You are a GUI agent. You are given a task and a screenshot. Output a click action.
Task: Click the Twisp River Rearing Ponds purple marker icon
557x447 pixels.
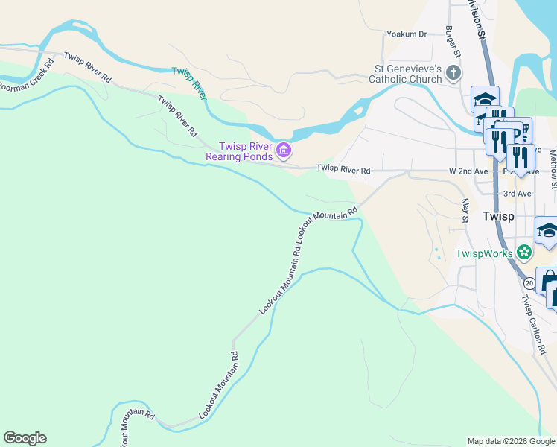283,151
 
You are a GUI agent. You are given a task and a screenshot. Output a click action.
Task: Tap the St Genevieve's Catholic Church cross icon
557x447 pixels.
453,73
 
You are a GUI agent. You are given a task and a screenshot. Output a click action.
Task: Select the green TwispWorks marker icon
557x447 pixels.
525,253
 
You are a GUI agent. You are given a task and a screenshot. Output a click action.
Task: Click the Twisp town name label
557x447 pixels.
497,216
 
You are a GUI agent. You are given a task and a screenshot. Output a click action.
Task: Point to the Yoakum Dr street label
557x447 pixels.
406,34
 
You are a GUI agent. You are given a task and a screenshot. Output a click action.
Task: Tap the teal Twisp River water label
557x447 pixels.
189,82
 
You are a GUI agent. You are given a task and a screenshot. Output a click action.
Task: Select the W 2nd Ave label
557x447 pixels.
468,171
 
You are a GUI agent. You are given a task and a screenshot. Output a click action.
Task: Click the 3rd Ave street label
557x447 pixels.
517,194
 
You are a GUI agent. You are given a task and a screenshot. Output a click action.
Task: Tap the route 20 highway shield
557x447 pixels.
529,283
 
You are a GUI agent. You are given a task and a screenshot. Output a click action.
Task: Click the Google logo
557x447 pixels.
25,438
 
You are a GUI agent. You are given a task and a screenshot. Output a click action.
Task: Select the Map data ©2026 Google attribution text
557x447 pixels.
511,441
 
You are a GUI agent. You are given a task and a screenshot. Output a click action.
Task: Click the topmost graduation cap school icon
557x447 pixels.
485,99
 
